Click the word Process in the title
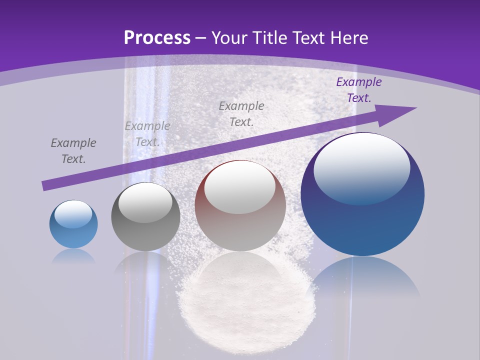pyautogui.click(x=157, y=38)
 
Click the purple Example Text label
pyautogui.click(x=358, y=90)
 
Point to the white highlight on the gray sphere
pyautogui.click(x=145, y=202)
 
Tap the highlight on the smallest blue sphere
pyautogui.click(x=73, y=214)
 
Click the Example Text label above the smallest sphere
pyautogui.click(x=73, y=151)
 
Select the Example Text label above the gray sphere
pyautogui.click(x=147, y=134)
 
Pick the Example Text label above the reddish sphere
pyautogui.click(x=241, y=113)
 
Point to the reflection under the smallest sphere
pyautogui.click(x=73, y=256)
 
